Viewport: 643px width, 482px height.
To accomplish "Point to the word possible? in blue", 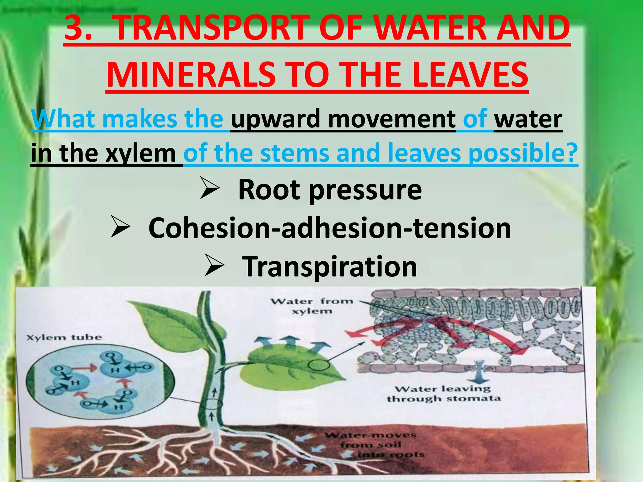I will click(x=523, y=153).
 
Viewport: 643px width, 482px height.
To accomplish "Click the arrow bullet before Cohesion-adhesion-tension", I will click(x=120, y=228).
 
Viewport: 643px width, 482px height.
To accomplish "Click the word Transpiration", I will click(x=329, y=266).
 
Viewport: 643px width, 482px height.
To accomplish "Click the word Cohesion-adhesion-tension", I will click(x=329, y=228).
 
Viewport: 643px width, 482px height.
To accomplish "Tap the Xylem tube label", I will click(x=64, y=338).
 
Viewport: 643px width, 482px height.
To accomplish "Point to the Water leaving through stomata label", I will click(x=443, y=394).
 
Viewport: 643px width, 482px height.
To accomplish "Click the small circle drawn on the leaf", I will click(x=319, y=365).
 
